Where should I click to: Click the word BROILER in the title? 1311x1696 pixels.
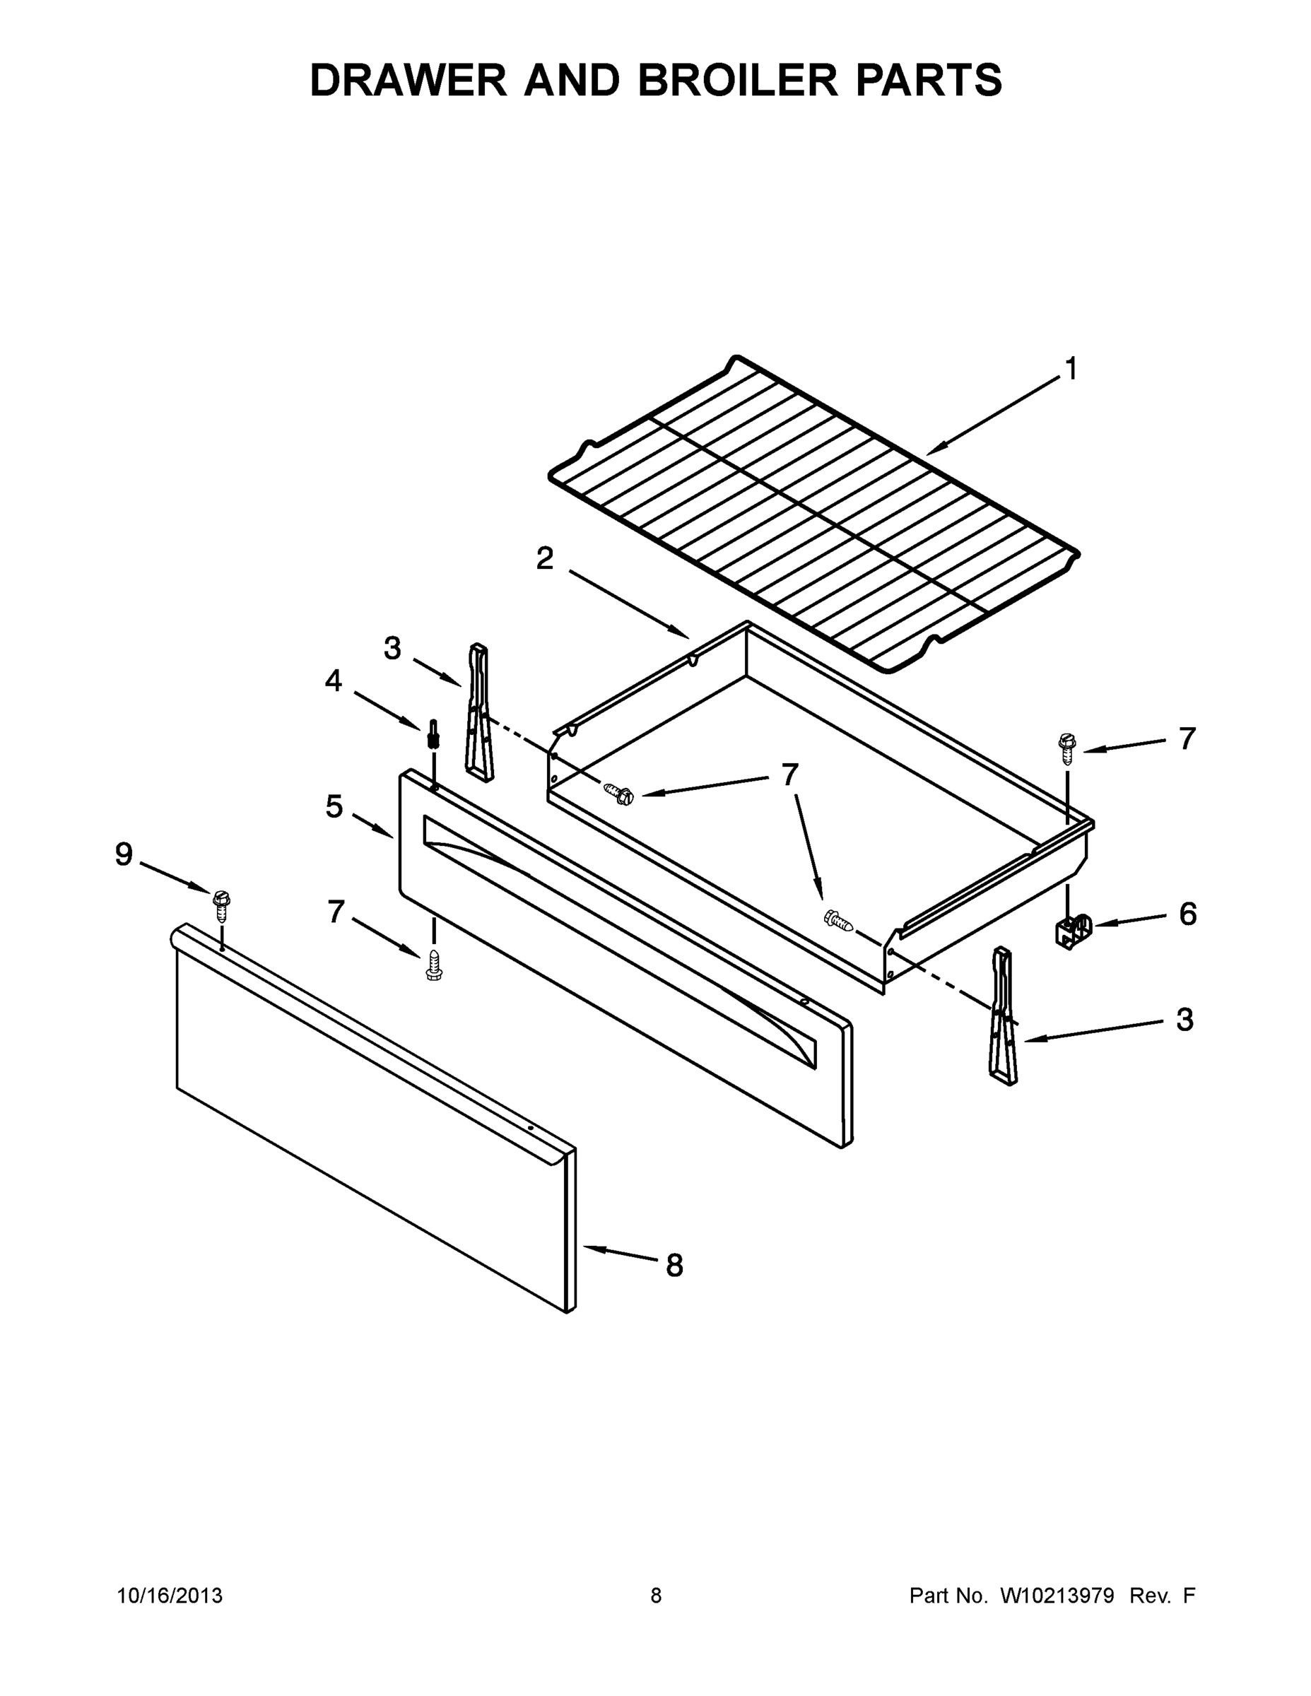click(738, 80)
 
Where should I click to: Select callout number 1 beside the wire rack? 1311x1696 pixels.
click(1071, 369)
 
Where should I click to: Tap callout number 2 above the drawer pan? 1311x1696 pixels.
click(545, 558)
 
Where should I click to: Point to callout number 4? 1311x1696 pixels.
click(333, 681)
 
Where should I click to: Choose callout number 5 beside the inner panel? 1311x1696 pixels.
click(334, 807)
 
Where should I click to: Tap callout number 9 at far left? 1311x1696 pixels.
click(124, 855)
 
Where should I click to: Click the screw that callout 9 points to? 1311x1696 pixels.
click(221, 903)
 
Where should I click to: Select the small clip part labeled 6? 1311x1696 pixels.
click(1074, 931)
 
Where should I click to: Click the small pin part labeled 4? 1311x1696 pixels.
click(433, 733)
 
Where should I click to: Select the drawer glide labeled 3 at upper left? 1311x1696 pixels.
click(479, 712)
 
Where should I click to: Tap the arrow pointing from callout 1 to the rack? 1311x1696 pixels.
click(994, 414)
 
